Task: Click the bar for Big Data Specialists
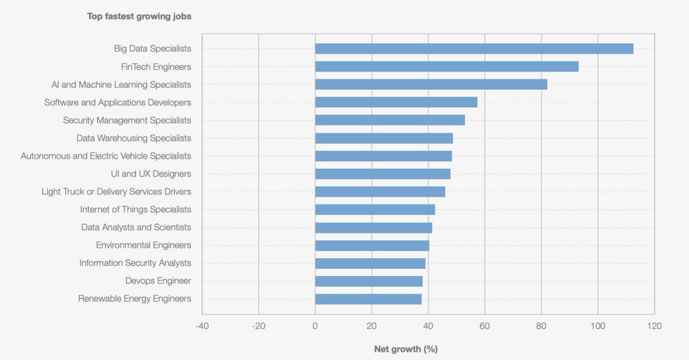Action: (474, 48)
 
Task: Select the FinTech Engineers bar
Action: (446, 66)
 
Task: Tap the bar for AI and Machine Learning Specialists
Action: (431, 85)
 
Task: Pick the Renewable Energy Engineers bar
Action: (368, 299)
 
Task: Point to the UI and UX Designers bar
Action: (383, 174)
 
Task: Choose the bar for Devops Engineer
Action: (369, 281)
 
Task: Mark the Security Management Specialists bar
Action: (390, 120)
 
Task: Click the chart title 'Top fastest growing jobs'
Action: (139, 16)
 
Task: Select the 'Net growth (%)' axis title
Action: (406, 349)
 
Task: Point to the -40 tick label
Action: (202, 326)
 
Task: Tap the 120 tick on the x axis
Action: (654, 326)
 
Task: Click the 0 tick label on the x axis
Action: (315, 326)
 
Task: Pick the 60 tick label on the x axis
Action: (484, 326)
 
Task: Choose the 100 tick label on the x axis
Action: (597, 326)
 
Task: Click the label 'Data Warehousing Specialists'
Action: (134, 138)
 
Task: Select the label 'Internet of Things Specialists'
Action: (135, 210)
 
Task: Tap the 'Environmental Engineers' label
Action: (143, 245)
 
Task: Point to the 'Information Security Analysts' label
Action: (135, 263)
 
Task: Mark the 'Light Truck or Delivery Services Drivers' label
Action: (116, 192)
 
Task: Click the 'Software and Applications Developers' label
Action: (117, 103)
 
